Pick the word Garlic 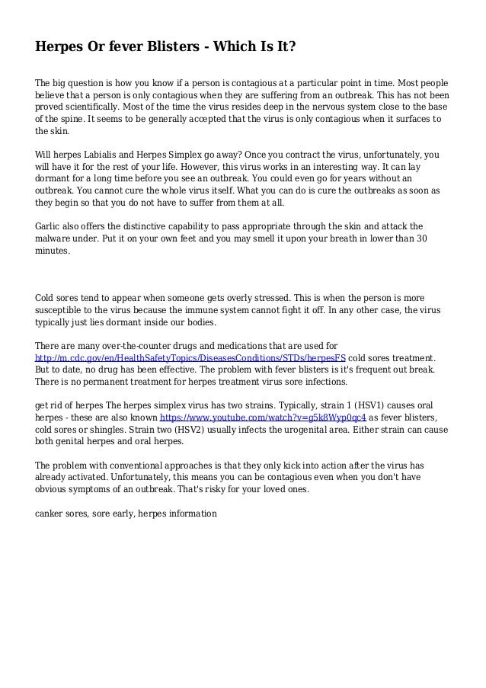(x=50, y=226)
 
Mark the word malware (x=56, y=238)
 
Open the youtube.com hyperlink (x=263, y=418)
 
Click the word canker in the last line (x=50, y=513)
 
